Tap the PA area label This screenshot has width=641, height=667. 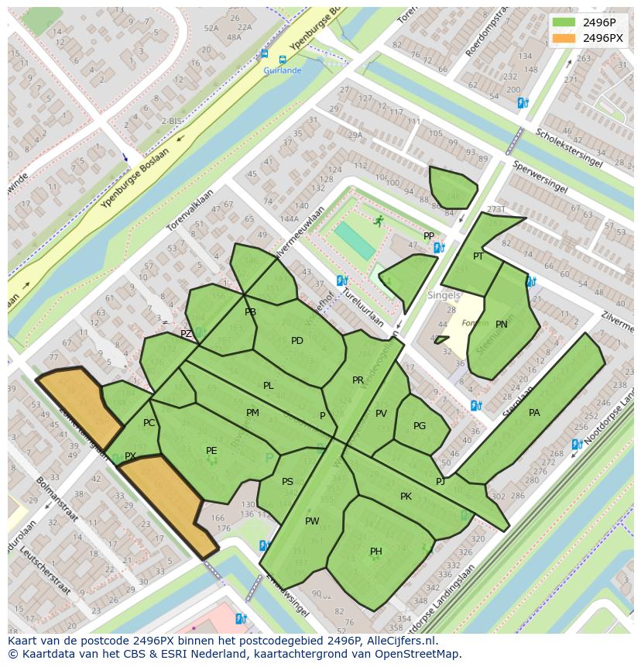coord(534,413)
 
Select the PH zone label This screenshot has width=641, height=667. coord(375,552)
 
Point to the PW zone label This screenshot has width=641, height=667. coord(312,521)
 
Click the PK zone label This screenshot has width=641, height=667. coord(406,497)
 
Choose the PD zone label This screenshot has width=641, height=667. coord(297,341)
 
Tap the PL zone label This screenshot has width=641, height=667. coord(268,386)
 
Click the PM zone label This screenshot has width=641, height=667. coord(252,413)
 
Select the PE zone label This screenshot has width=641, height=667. coord(211,451)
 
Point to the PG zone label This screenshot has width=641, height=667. coord(420,426)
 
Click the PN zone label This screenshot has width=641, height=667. coord(502,325)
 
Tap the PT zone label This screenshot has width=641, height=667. coord(478,256)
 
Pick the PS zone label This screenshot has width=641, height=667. coord(287,482)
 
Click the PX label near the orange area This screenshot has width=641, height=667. coord(130,456)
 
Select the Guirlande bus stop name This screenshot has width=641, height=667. coord(283,70)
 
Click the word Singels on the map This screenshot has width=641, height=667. coord(444,295)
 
